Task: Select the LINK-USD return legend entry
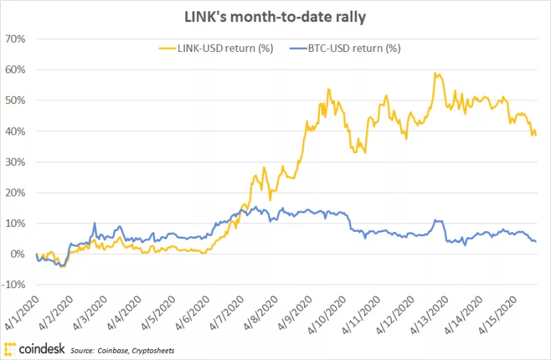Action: point(214,48)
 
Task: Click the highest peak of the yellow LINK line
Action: point(435,73)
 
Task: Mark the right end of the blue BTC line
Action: point(535,242)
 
